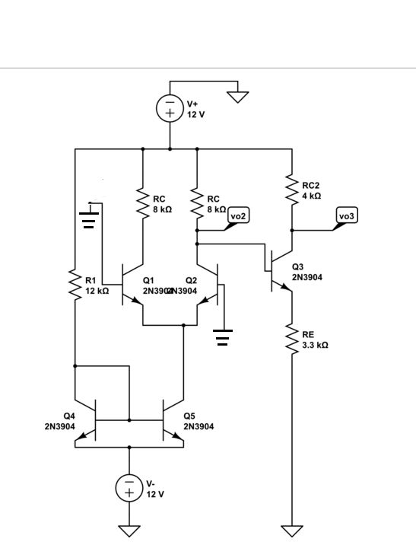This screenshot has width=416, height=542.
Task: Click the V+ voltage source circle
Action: point(170,109)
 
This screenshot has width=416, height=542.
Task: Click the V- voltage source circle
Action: point(129,488)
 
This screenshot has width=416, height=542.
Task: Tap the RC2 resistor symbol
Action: point(291,190)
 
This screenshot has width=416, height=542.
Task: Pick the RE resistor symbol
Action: point(291,339)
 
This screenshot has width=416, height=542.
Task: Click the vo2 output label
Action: point(238,216)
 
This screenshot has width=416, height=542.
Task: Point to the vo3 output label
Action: point(347,216)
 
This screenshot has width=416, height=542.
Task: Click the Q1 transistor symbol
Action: point(134,286)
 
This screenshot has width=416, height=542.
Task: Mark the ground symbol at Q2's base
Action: point(222,336)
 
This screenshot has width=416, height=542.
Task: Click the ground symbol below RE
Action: point(291,530)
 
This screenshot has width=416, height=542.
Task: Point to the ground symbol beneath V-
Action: point(129,530)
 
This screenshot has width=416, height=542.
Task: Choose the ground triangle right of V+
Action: point(238,97)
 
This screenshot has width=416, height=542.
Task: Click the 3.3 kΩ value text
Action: point(315,345)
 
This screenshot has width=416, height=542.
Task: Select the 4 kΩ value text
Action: point(312,196)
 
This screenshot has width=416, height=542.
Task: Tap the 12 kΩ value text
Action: point(97,291)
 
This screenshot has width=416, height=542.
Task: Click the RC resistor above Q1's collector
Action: point(142,202)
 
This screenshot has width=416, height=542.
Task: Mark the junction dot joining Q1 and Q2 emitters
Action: point(183,325)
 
